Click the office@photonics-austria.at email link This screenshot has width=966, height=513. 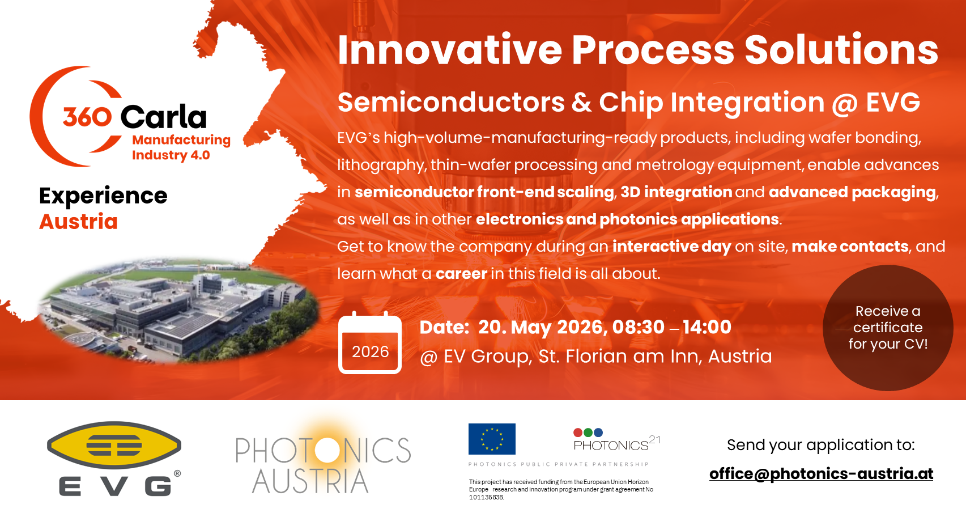tap(821, 474)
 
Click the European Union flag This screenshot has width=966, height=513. tap(492, 439)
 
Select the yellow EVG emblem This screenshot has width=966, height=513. tap(114, 446)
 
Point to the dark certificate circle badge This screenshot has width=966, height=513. tap(887, 328)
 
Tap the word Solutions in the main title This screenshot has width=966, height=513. tap(841, 50)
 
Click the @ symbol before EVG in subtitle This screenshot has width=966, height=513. tap(844, 104)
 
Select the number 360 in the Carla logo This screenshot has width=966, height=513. tap(88, 117)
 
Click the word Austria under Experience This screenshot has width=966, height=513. tap(78, 222)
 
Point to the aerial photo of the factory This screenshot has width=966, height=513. tap(178, 311)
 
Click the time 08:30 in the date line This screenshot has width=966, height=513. tap(639, 327)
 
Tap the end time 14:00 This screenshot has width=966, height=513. tap(707, 327)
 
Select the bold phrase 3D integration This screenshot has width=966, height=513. tap(676, 192)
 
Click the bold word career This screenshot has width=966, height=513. tap(461, 274)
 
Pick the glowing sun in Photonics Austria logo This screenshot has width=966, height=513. tap(327, 450)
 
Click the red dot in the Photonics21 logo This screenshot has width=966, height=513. tap(578, 433)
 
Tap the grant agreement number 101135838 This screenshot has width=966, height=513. tap(487, 498)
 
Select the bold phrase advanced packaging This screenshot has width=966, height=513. tap(852, 192)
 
